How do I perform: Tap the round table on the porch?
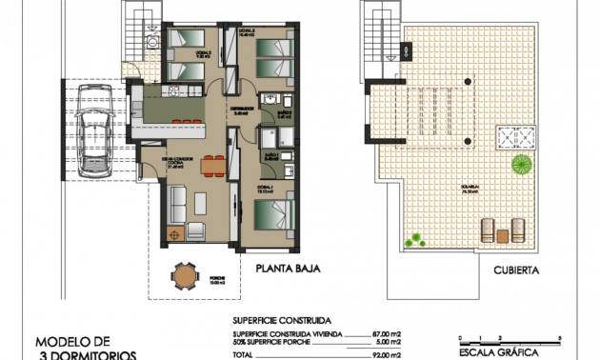[182, 276]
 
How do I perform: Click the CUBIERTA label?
[517, 270]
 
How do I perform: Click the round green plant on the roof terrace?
[521, 164]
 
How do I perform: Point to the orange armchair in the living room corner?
[174, 233]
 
